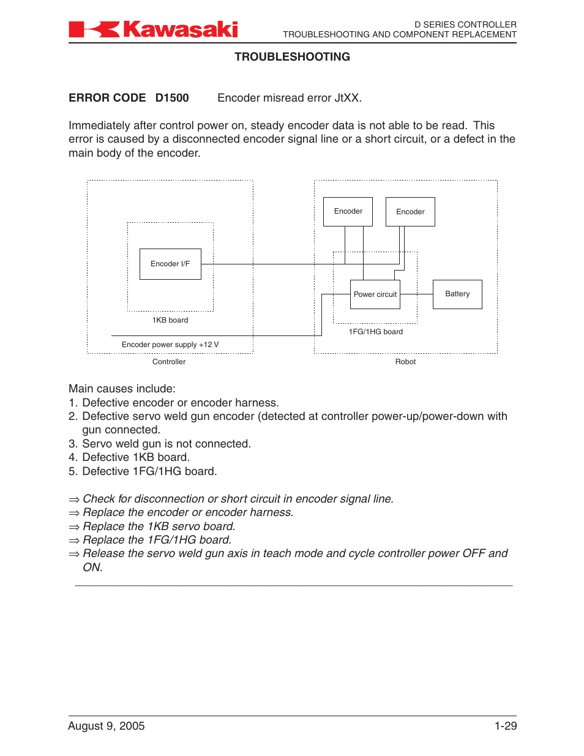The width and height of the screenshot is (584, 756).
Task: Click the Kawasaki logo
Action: pos(153,29)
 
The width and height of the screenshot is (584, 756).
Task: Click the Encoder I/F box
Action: pos(170,264)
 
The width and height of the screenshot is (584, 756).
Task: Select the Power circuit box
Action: pos(375,294)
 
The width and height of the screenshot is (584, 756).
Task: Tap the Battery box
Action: pos(457,294)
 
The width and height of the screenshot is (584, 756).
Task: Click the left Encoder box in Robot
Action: pos(348,211)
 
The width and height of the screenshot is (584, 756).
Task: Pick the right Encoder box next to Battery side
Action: pos(410,212)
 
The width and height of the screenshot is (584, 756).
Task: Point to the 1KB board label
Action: pos(170,320)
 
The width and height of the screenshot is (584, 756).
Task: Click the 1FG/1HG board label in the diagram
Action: pos(376,332)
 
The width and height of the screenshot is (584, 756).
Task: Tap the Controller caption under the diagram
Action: pos(169,362)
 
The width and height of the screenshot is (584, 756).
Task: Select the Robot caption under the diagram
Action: pos(405,362)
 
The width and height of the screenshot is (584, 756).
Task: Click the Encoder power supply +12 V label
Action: pos(170,345)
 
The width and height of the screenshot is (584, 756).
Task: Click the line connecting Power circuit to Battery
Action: pos(416,294)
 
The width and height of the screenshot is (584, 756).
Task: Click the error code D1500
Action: pos(172,98)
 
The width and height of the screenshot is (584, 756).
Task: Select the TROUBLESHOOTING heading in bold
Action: pos(292,57)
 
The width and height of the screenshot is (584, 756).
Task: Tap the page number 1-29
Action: pos(506,726)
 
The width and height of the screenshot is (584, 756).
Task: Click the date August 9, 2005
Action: pos(107,726)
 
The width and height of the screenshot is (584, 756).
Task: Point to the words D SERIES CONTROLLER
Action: pos(465,24)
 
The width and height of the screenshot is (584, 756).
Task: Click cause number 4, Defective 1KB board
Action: pos(135,457)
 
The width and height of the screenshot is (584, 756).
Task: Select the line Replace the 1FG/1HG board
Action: pos(157,540)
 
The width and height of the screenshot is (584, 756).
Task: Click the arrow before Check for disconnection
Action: pos(74,500)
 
